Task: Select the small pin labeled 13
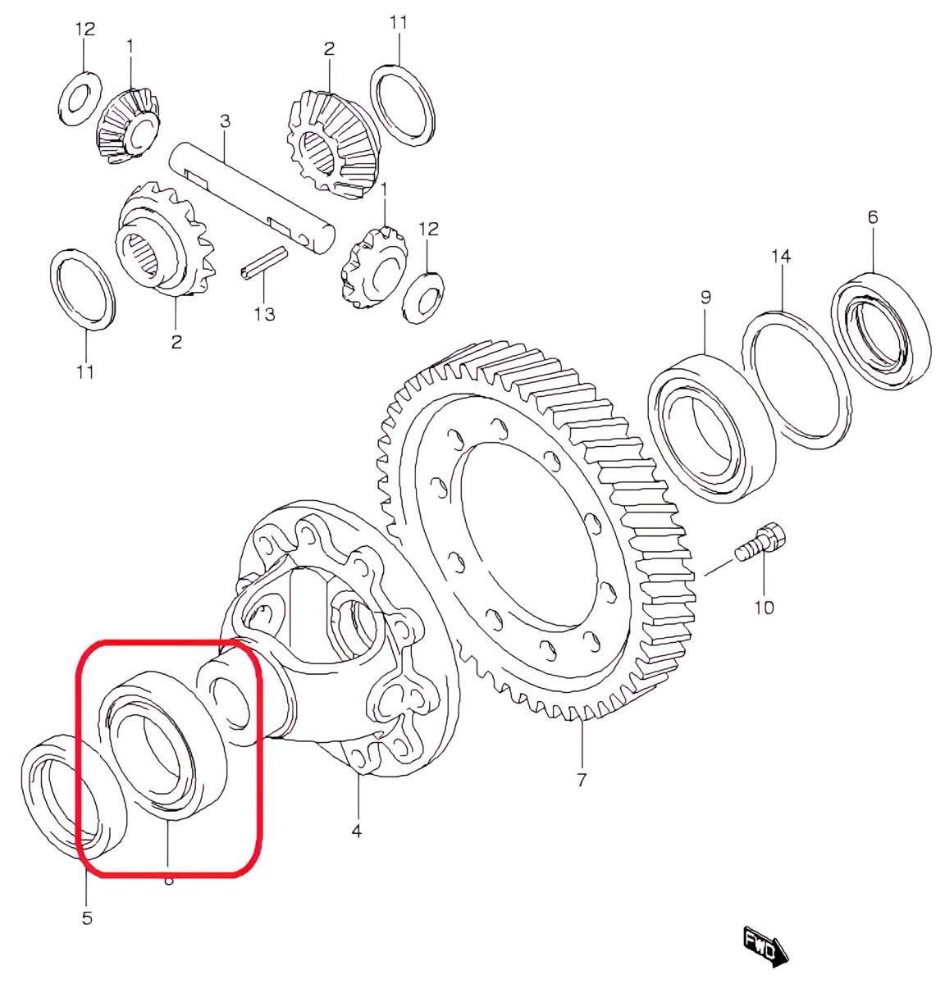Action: [263, 266]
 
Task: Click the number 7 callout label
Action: [581, 780]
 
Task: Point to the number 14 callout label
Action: [780, 257]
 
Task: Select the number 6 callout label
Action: [872, 216]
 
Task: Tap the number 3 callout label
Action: [225, 122]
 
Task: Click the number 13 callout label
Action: [264, 313]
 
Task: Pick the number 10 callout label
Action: [764, 607]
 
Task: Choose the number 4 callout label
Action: [356, 831]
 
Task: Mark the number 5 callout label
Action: [87, 918]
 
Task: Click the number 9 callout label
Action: [705, 297]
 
